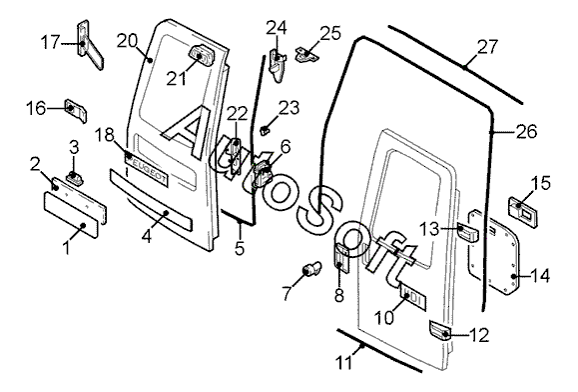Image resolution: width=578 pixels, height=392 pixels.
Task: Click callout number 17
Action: coord(50,42)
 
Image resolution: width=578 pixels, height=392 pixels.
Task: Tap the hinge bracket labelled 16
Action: coord(76,110)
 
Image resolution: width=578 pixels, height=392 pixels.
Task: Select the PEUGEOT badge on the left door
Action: coord(147,168)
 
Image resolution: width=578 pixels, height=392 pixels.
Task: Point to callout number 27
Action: coord(488,47)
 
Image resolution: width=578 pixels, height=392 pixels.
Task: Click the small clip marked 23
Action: coord(265,130)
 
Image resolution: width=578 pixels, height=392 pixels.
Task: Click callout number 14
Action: coord(540,276)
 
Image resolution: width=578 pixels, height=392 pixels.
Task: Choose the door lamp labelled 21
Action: coord(202,56)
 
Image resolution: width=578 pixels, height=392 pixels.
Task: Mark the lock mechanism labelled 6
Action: coord(263,174)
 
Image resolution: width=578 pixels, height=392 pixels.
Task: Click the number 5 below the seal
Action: coord(240,248)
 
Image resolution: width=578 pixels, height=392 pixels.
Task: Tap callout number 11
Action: coord(344,363)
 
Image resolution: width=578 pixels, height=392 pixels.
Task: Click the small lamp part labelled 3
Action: coord(76,178)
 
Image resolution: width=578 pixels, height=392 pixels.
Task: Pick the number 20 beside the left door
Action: coord(127,41)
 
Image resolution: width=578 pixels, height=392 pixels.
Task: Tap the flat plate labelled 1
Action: coord(71,215)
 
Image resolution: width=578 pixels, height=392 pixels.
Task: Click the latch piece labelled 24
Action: coord(277,64)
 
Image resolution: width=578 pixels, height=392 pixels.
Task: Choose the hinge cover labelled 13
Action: coord(467,232)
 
